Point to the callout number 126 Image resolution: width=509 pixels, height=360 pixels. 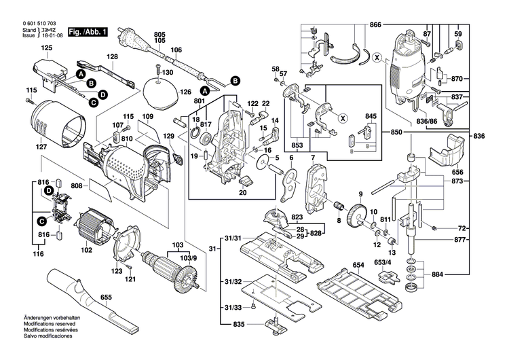(x=185, y=92)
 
